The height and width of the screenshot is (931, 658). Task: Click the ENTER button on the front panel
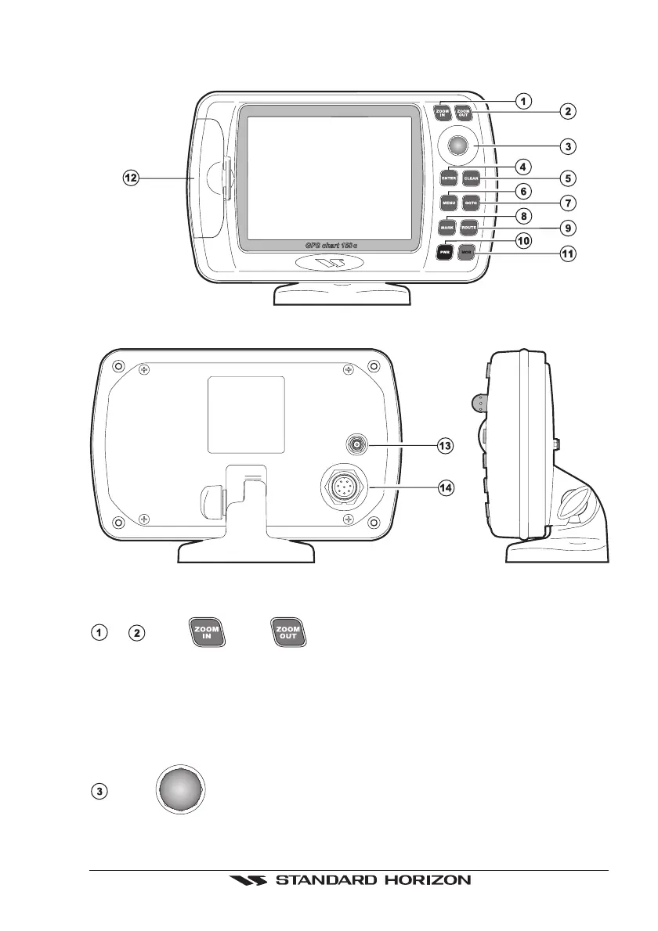(x=449, y=178)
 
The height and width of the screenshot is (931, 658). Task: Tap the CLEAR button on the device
(x=471, y=178)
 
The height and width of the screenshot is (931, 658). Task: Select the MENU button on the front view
(x=449, y=203)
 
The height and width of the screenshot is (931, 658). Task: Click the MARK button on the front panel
(x=448, y=228)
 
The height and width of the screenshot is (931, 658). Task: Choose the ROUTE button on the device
(x=470, y=228)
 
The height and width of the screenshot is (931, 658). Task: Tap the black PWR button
(x=446, y=253)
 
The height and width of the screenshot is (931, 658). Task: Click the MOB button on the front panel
(x=468, y=253)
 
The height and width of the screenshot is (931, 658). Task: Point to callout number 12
(x=131, y=178)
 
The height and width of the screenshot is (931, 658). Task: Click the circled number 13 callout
(x=445, y=445)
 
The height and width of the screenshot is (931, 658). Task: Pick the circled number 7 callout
(x=567, y=203)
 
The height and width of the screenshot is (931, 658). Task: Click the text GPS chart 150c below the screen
(x=332, y=246)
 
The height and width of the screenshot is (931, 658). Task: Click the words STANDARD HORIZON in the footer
(x=371, y=880)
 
